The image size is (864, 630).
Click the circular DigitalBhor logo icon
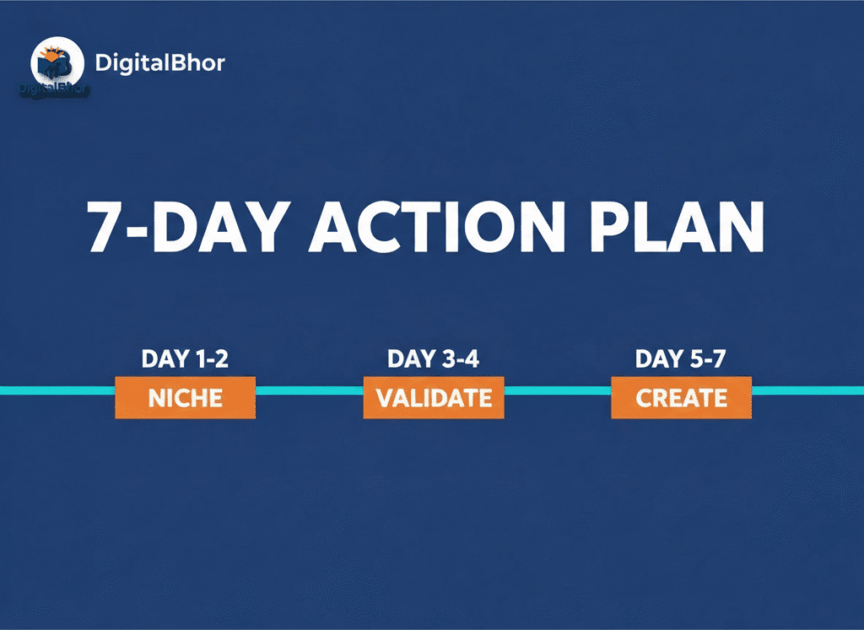(x=57, y=63)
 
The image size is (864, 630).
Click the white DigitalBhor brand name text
(x=160, y=63)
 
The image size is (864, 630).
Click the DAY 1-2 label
(x=185, y=359)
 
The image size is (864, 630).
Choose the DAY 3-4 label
(x=433, y=359)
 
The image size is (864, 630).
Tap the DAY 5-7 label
(x=681, y=359)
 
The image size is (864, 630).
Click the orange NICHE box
(x=185, y=398)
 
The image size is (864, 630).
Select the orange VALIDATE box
(x=434, y=398)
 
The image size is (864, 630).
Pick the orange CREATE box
(x=681, y=398)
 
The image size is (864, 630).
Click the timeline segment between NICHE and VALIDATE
(x=309, y=390)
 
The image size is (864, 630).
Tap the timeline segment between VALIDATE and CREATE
(x=557, y=390)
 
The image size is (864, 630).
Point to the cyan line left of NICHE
(x=57, y=390)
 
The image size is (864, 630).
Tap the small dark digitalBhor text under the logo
(x=54, y=87)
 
